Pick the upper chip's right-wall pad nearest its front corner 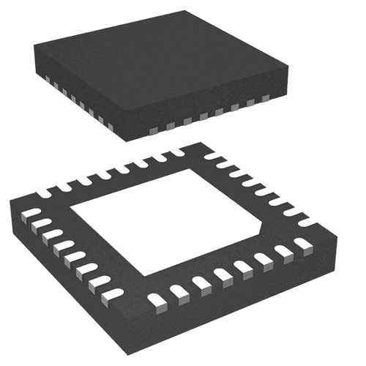tap(153, 130)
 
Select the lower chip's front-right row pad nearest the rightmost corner tap(303, 244)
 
